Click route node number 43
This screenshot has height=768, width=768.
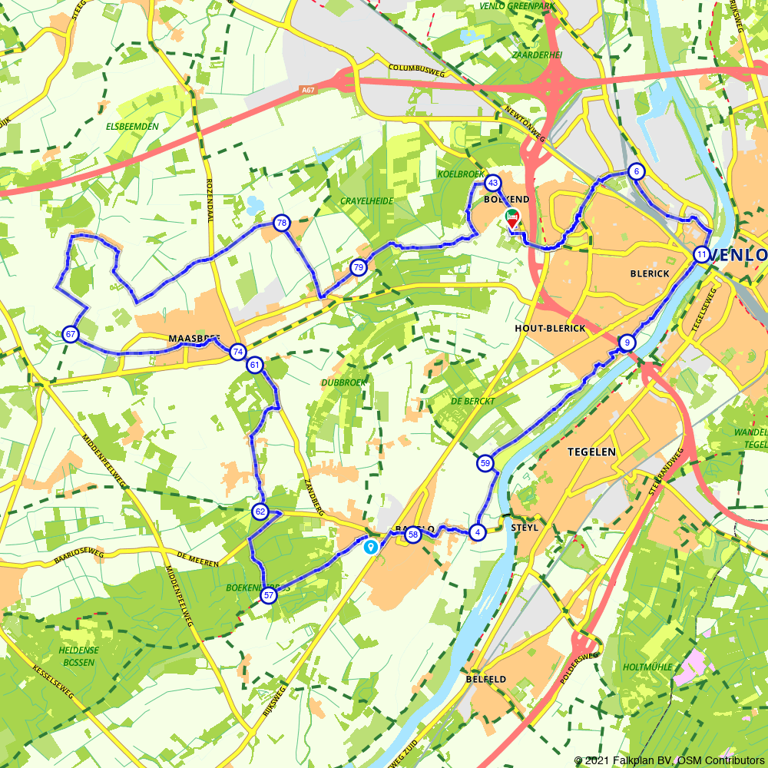(x=493, y=183)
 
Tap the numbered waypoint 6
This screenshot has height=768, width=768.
(x=636, y=171)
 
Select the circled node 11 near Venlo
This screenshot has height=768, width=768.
(x=701, y=254)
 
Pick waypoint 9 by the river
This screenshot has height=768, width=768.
(x=627, y=343)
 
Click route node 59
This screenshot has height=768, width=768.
(x=485, y=463)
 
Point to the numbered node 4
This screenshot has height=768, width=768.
(x=477, y=531)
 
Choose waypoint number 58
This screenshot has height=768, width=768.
(x=413, y=535)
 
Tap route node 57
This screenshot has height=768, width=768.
(x=268, y=595)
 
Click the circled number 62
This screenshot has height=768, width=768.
(x=260, y=511)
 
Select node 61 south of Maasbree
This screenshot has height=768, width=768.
(x=254, y=365)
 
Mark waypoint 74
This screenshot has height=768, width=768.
(x=238, y=352)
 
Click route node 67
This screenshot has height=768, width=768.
(x=71, y=334)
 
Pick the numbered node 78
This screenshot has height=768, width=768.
(x=282, y=223)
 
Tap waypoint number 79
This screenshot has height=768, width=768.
(x=358, y=267)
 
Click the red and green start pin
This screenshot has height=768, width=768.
(x=512, y=218)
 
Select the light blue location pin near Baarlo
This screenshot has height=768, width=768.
(x=371, y=547)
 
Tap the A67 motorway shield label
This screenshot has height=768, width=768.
(x=308, y=90)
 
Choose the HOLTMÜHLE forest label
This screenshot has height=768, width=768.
(x=648, y=667)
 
